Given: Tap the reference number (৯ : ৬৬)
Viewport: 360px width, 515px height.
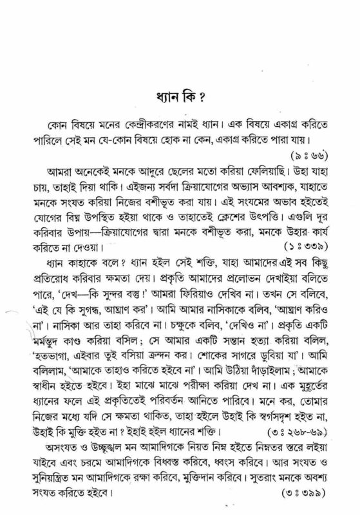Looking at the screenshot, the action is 311,156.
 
